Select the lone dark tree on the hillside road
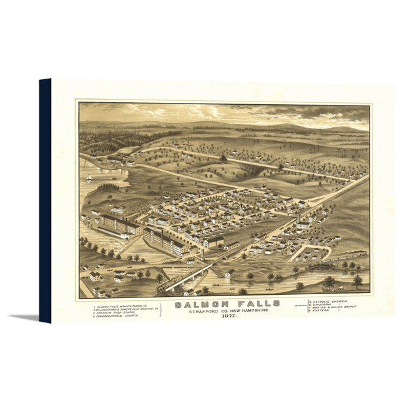click(223, 158)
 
